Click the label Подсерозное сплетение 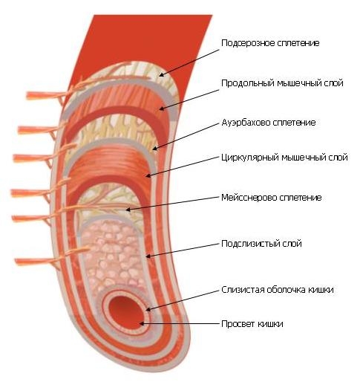[270, 43]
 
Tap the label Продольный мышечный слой [282, 83]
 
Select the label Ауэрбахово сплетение [269, 123]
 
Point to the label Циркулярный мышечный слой [284, 158]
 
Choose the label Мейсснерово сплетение [272, 198]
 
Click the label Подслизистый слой [261, 244]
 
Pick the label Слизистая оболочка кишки [278, 290]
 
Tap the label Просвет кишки [252, 324]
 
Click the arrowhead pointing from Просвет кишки [142, 323]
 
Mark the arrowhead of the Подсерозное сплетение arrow [161, 74]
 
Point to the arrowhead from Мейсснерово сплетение [128, 210]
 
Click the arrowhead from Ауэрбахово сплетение [154, 149]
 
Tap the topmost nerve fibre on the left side [47, 94]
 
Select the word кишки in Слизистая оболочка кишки [321, 290]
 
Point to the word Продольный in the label [247, 83]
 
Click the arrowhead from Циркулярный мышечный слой [148, 175]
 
